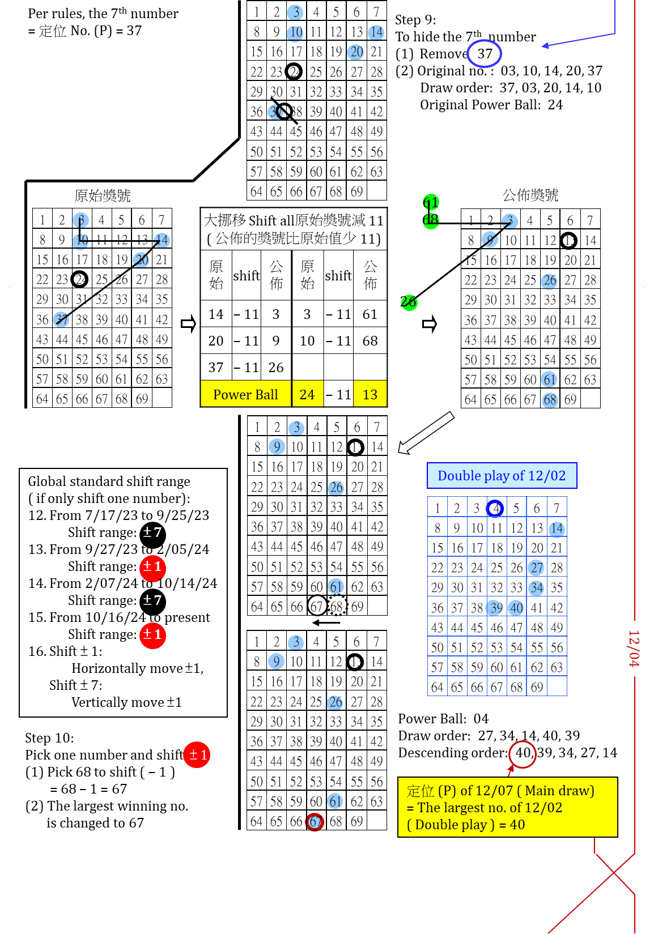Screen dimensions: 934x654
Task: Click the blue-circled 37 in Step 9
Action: (485, 54)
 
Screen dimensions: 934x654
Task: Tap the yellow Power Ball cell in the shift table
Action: (245, 394)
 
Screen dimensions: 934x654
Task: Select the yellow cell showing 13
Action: (370, 394)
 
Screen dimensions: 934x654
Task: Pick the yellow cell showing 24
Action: (307, 394)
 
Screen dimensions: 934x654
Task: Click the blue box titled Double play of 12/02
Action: (502, 476)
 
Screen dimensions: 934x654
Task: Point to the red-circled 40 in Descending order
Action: (523, 753)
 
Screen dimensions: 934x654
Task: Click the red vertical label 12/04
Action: (634, 649)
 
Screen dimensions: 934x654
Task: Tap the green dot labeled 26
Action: (409, 302)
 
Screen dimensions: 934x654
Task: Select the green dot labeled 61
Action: (431, 202)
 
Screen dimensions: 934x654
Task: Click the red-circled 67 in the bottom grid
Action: (315, 821)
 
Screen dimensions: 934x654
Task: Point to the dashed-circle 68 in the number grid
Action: (337, 607)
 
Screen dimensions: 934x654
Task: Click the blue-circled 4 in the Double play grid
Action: (495, 508)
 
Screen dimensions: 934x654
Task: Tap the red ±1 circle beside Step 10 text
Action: (197, 754)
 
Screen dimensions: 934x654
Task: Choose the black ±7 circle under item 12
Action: (152, 532)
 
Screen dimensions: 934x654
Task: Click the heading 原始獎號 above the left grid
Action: (103, 196)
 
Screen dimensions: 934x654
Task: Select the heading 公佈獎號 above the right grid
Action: (530, 195)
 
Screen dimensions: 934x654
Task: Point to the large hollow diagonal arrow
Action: (426, 433)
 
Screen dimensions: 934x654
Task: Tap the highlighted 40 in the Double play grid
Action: (516, 608)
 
